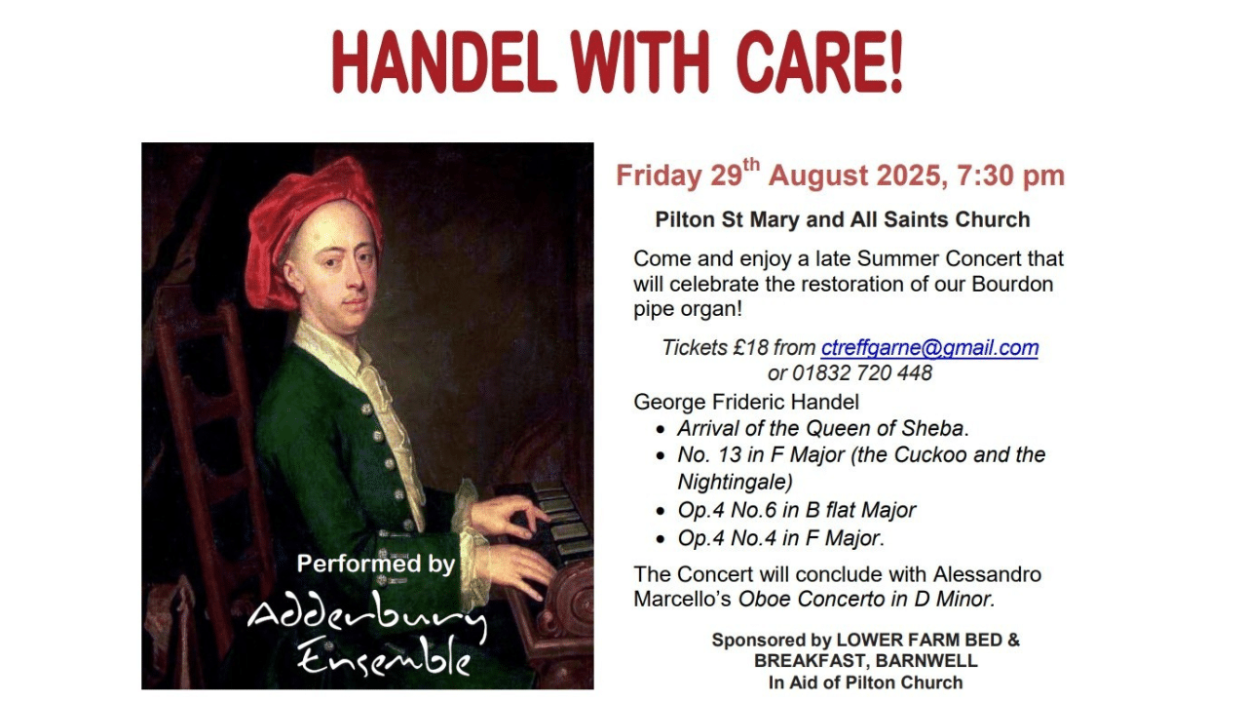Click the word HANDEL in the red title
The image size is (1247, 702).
pyautogui.click(x=444, y=61)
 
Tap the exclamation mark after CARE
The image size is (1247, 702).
pyautogui.click(x=895, y=61)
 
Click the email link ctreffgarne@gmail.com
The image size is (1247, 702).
pyautogui.click(x=929, y=348)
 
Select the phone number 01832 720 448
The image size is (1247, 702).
pyautogui.click(x=862, y=372)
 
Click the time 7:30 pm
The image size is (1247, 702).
pyautogui.click(x=1011, y=175)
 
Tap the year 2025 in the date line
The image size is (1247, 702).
pyautogui.click(x=909, y=175)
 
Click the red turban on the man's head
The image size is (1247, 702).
pyautogui.click(x=315, y=223)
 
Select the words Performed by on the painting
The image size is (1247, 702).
pyautogui.click(x=376, y=564)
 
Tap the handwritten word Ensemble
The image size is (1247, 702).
pyautogui.click(x=384, y=657)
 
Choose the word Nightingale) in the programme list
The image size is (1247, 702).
pyautogui.click(x=735, y=482)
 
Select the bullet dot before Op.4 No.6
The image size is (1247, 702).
pyautogui.click(x=661, y=511)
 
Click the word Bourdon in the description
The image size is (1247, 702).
pyautogui.click(x=1012, y=284)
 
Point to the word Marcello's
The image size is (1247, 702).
pyautogui.click(x=682, y=600)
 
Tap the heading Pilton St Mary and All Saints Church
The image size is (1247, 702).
pyautogui.click(x=843, y=219)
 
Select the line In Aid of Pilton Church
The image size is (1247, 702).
pyautogui.click(x=866, y=682)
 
